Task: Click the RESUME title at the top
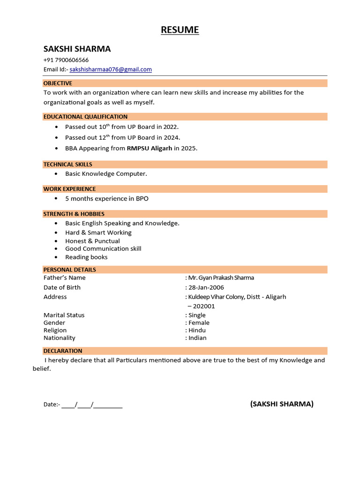pos(180,30)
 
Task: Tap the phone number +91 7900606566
pos(66,60)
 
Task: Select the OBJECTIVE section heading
pos(58,83)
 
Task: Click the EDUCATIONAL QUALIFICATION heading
pos(85,117)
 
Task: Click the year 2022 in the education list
pos(170,127)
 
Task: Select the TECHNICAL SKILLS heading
pos(68,165)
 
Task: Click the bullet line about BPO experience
pos(106,199)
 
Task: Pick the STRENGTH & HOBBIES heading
pos(74,214)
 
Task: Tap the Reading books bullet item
pos(86,257)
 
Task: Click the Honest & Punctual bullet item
pos(92,241)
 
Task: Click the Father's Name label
pos(65,277)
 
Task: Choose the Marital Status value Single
pos(197,315)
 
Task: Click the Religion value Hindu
pos(197,330)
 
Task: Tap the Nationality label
pos(60,337)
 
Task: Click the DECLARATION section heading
pos(63,351)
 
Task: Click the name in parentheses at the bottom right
pos(282,404)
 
